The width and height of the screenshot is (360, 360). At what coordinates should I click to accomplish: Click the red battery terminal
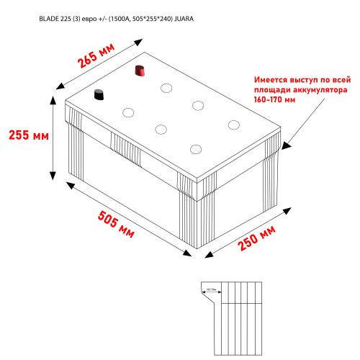pyautogui.click(x=141, y=71)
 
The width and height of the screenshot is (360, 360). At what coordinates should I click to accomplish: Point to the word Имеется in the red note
pyautogui.click(x=273, y=80)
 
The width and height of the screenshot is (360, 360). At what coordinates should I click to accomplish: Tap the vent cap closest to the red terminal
pyautogui.click(x=166, y=89)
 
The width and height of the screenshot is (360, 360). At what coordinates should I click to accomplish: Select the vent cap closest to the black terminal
pyautogui.click(x=129, y=112)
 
